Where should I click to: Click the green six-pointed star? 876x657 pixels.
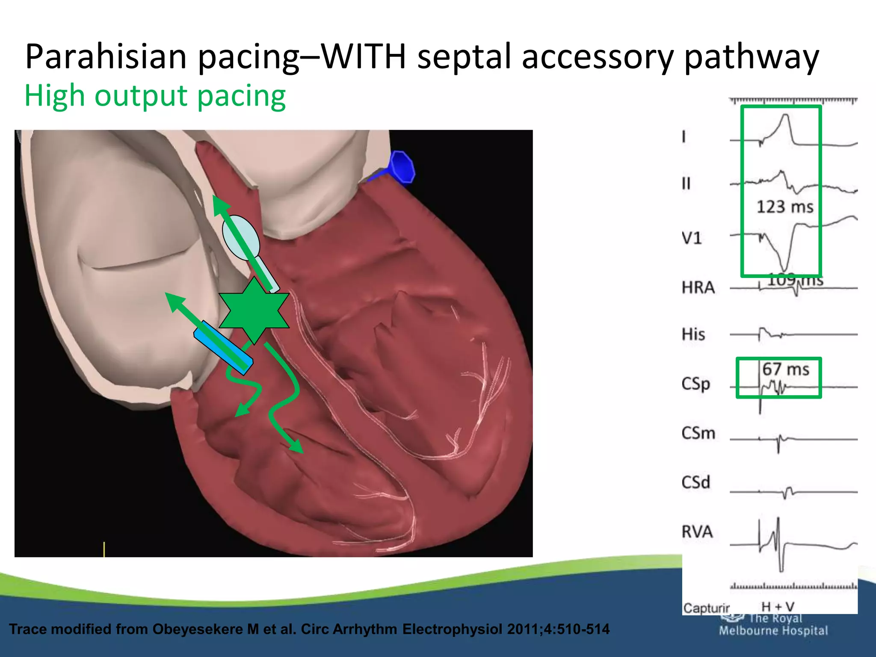(x=254, y=311)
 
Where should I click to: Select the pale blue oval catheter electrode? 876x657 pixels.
(x=241, y=237)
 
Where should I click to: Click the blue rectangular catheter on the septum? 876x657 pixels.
(x=223, y=347)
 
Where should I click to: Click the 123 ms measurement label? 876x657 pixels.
(x=784, y=207)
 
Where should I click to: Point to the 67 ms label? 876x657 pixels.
(x=786, y=369)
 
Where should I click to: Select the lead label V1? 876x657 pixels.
(x=692, y=238)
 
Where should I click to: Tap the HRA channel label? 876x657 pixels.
(x=698, y=287)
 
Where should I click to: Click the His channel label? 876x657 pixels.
(x=693, y=334)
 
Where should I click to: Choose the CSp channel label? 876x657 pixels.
(x=695, y=384)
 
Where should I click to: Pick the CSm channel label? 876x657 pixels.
(x=698, y=433)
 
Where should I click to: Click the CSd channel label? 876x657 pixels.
(x=695, y=482)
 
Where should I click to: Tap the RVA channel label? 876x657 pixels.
(x=697, y=532)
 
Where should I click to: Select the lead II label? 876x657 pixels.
(x=686, y=183)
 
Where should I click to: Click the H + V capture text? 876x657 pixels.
(x=778, y=607)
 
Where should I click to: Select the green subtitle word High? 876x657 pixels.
(x=54, y=96)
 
